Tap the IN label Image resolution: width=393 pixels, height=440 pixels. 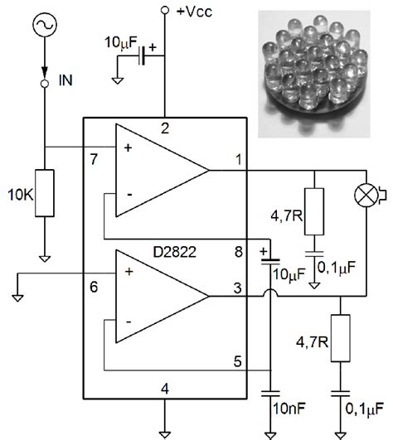[69, 82]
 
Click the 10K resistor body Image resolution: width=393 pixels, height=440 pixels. [45, 195]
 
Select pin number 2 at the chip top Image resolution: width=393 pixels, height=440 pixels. [165, 128]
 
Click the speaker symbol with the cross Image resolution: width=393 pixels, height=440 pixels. [365, 196]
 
